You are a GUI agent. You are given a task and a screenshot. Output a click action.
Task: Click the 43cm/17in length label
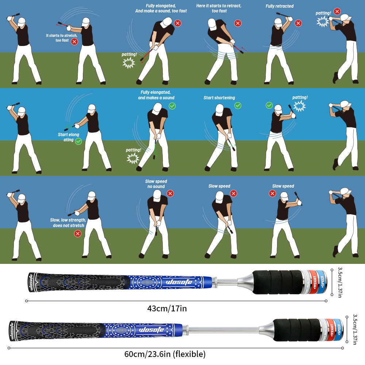(167, 308)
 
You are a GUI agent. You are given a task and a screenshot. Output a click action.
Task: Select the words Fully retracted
(279, 6)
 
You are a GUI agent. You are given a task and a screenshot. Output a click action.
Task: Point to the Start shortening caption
(219, 98)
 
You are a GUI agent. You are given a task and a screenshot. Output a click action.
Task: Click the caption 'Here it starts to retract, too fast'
(219, 8)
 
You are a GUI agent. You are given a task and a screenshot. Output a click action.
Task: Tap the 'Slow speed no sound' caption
(156, 184)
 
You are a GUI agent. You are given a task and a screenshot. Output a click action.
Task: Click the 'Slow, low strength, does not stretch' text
(68, 223)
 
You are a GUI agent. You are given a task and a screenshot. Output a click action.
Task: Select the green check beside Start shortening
(238, 105)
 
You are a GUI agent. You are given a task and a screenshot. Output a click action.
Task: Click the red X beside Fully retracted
(298, 23)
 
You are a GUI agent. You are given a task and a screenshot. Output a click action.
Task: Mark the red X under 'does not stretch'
(77, 233)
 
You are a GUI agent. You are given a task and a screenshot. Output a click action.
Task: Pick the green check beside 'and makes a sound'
(172, 106)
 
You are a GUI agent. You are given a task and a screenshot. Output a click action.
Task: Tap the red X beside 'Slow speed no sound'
(170, 193)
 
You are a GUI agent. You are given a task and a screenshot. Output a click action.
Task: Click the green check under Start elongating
(78, 141)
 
